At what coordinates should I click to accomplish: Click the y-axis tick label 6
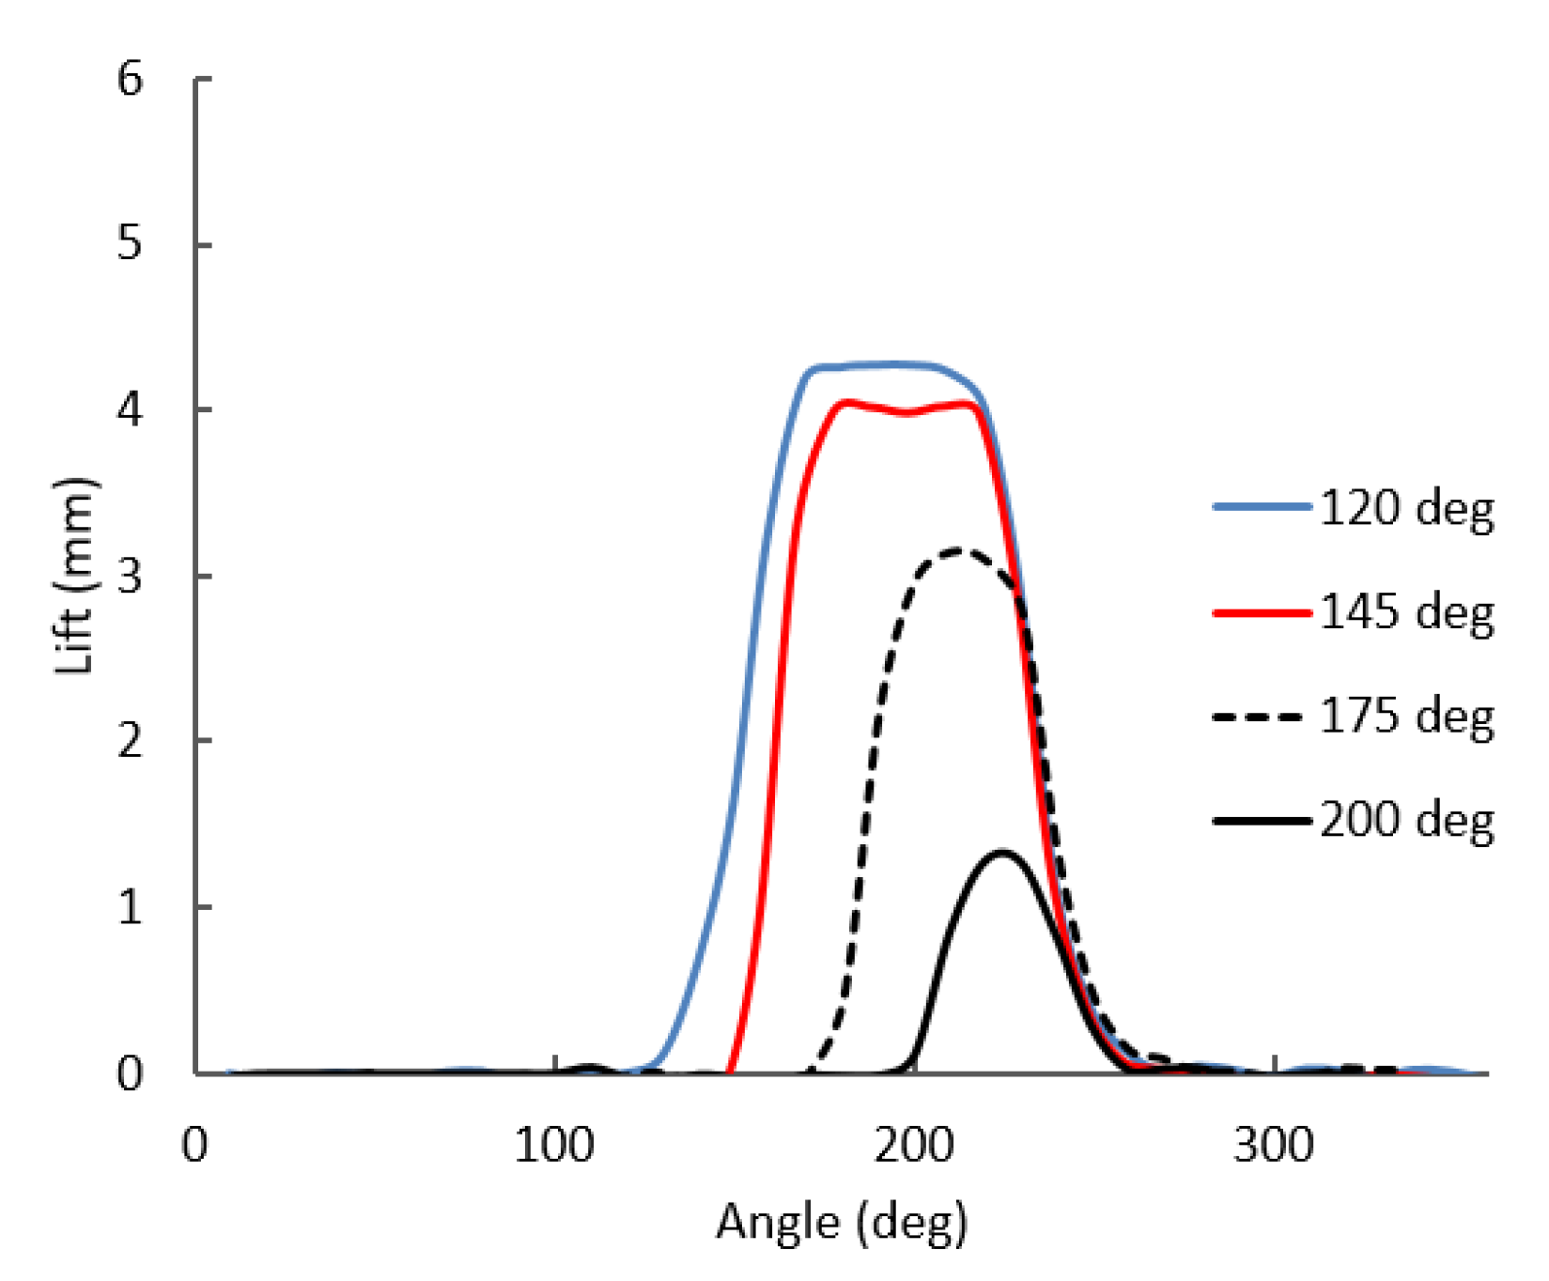click(130, 79)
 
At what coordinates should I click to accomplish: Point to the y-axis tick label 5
click(130, 244)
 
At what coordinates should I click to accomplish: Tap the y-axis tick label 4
click(130, 410)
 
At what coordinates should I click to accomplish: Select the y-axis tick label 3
click(130, 576)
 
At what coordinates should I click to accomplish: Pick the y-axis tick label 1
click(130, 907)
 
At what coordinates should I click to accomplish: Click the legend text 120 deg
click(1406, 508)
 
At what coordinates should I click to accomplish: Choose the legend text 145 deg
click(1406, 612)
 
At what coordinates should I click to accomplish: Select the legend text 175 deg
click(1406, 717)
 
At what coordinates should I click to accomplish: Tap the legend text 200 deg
click(1406, 821)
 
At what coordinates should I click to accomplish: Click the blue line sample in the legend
click(1262, 507)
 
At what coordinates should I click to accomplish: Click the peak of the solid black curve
click(1002, 853)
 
